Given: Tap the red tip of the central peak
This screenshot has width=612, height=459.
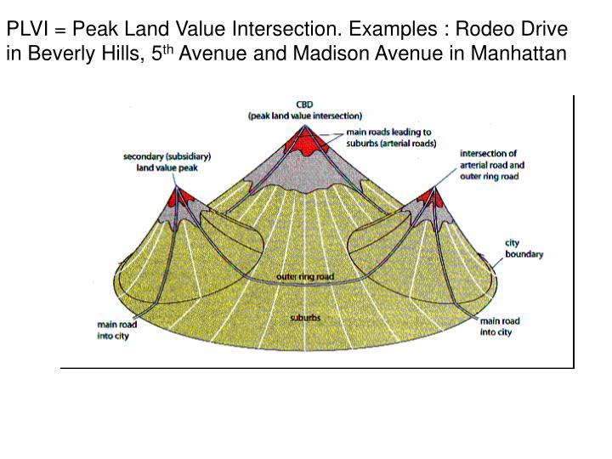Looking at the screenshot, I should tap(305, 139).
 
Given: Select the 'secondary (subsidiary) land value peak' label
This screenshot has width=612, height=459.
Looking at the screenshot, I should tap(167, 161).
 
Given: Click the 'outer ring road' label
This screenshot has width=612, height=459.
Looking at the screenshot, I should tap(305, 276).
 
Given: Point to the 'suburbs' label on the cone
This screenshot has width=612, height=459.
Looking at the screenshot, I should tap(305, 317).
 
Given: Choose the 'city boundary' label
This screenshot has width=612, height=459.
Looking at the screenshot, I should tap(524, 248).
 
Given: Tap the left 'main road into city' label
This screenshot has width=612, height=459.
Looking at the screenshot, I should tap(116, 329).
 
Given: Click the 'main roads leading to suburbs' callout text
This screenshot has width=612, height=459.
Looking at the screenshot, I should tap(390, 138).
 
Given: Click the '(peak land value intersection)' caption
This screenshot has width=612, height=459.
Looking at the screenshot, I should tap(305, 115).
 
